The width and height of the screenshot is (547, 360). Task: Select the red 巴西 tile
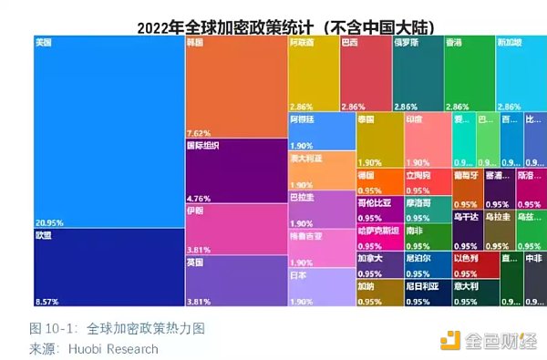point(366,74)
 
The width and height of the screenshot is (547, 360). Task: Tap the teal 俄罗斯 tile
point(418,74)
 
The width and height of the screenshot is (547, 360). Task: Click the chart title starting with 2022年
point(273,26)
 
